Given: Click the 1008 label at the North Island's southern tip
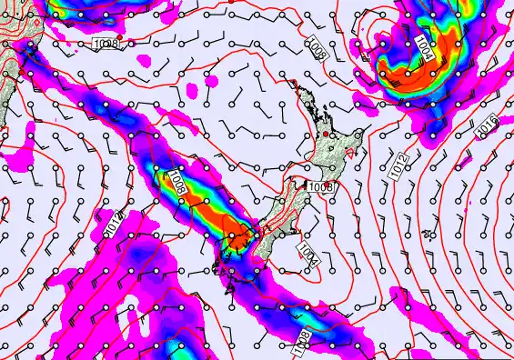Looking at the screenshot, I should tap(320, 187).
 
